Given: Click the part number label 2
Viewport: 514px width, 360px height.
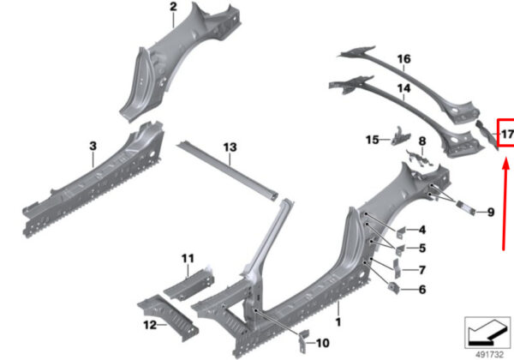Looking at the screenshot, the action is coord(173,8).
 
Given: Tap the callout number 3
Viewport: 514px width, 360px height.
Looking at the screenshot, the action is coord(93,147).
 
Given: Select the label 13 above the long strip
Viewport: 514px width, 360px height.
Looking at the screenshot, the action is coord(229,147).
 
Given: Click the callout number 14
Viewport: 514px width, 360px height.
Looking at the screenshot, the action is coord(403,88).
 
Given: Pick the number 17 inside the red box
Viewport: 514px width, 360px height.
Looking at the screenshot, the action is coord(506,135).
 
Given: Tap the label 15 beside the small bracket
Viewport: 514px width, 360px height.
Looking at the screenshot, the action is coord(372,140).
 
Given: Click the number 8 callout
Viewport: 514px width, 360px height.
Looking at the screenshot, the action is coord(422,140).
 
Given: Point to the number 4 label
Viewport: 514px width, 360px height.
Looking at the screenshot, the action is coord(422,229).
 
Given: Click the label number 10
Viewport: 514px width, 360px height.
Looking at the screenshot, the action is coord(322,343).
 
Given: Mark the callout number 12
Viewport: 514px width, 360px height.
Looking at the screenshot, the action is coord(149,324).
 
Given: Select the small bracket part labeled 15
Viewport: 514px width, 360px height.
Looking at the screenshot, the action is coord(397,135).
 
